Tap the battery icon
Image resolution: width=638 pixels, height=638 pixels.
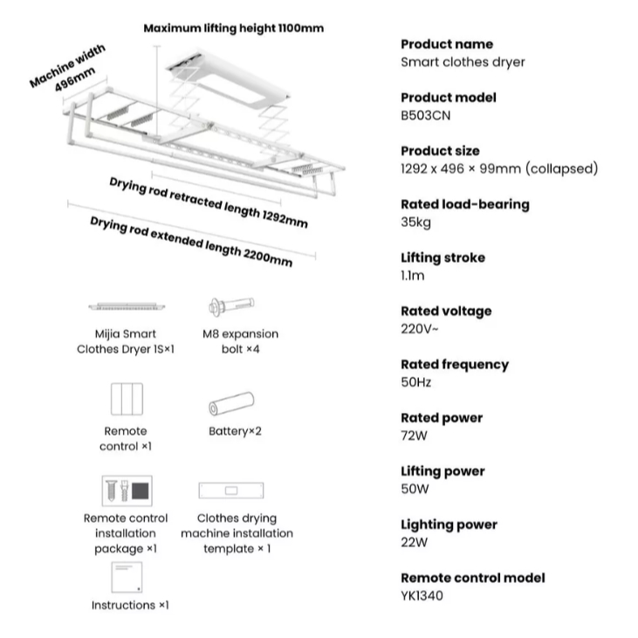(231, 404)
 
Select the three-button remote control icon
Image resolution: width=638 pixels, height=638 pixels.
(126, 400)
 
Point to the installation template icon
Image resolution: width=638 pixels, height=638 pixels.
(231, 491)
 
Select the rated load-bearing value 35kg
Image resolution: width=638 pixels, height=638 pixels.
(415, 222)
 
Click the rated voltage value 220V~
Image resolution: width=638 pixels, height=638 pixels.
(421, 329)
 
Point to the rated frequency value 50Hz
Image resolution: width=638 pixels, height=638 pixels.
(416, 382)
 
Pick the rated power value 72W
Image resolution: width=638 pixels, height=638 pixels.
(415, 436)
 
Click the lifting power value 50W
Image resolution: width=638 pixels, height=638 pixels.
(415, 489)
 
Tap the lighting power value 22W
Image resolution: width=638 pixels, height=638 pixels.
(415, 542)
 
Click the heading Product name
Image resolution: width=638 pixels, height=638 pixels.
(447, 44)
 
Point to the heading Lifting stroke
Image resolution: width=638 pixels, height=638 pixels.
(442, 257)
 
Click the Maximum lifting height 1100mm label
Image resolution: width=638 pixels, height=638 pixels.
(233, 28)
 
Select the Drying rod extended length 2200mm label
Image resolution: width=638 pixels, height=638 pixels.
(191, 240)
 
